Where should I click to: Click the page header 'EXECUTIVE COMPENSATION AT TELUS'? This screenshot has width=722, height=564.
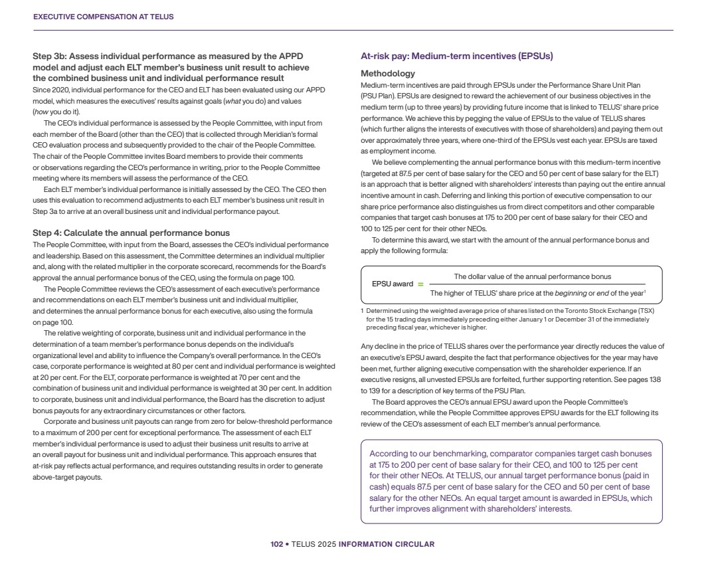(103, 17)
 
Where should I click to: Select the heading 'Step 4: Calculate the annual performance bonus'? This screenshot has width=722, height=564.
(131, 233)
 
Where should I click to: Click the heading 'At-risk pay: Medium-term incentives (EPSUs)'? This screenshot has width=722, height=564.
(456, 56)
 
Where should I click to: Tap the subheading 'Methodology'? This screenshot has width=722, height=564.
(388, 74)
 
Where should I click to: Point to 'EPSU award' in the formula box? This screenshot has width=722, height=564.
(393, 284)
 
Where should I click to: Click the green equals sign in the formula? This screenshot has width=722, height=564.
(420, 284)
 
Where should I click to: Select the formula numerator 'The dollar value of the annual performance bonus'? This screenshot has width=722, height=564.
(532, 276)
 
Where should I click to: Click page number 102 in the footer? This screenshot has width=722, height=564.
(276, 544)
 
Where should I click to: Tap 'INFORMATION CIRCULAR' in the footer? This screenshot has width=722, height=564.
(387, 544)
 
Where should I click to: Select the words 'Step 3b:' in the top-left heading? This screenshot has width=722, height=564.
(48, 56)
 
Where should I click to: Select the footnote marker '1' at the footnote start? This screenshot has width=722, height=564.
(362, 311)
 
